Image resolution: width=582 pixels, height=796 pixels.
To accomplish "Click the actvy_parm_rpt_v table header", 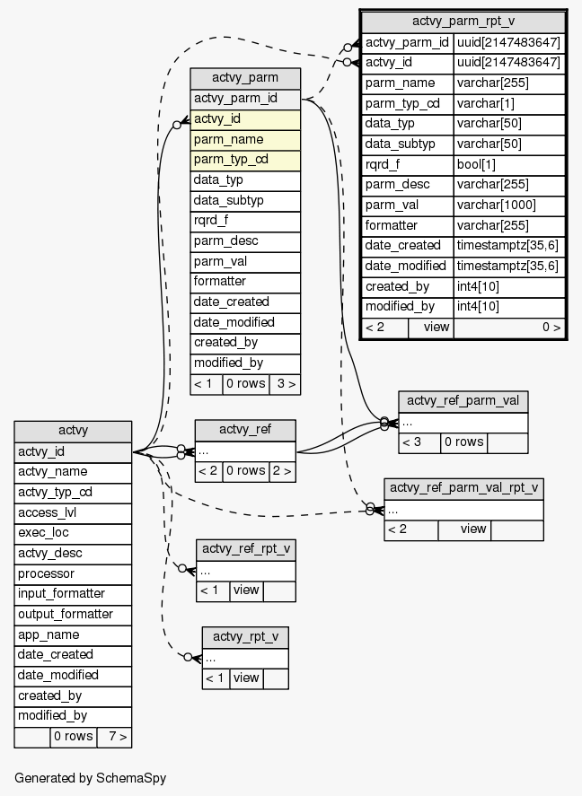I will pos(463,21).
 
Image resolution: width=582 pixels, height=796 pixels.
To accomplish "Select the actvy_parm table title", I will pos(244,78).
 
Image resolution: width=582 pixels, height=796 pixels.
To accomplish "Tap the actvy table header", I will pos(73,431).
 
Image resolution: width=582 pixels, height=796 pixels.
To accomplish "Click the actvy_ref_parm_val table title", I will pos(463,401).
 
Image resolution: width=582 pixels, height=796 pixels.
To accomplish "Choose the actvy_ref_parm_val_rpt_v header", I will pos(463,488).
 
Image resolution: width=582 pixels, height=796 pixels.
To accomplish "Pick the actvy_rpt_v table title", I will pos(244,636).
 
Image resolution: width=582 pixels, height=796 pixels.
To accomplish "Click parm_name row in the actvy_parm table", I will pos(244,139).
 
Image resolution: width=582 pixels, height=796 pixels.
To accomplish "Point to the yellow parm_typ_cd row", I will pos(244,160).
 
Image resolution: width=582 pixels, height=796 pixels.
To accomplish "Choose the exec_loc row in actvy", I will pos(73,532).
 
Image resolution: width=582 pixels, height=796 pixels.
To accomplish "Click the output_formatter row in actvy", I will pos(73,614).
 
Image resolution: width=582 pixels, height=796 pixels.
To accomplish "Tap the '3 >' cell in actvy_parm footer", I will pos(284,384).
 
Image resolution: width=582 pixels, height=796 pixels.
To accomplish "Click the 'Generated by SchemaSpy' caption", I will pos(90,777).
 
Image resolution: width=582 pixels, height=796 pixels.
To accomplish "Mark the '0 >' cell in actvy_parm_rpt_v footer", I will pos(509,327).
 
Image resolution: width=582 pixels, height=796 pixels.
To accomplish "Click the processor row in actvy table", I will pos(73,573).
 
